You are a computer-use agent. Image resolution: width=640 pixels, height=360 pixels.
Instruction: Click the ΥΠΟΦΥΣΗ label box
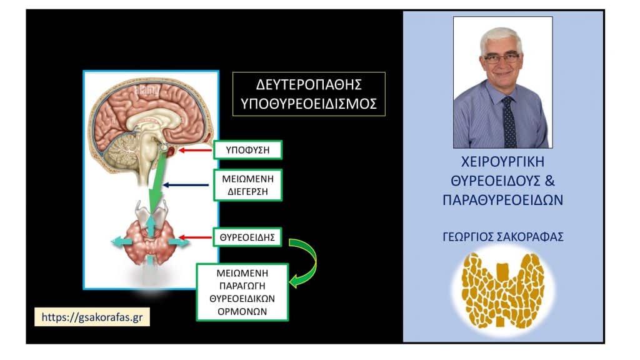pos(248,150)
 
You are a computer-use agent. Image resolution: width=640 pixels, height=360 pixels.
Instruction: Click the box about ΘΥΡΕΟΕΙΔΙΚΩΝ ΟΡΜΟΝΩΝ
pos(242,291)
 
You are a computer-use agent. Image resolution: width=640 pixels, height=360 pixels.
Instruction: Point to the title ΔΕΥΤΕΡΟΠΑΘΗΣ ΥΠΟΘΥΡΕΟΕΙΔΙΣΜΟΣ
pos(309,94)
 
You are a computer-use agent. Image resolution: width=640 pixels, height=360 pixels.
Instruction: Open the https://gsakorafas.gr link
pos(92,316)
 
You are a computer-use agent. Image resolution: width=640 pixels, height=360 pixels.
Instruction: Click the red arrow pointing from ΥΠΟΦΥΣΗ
pos(194,151)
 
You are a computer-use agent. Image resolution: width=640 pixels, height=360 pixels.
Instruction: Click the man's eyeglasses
pos(501,58)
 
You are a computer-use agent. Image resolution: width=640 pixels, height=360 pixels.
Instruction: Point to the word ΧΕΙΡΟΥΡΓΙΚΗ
pos(502,163)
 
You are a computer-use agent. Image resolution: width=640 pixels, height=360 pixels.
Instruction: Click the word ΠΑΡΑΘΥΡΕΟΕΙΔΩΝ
pos(503,202)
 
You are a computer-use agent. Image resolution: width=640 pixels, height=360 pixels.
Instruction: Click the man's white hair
pos(501,36)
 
